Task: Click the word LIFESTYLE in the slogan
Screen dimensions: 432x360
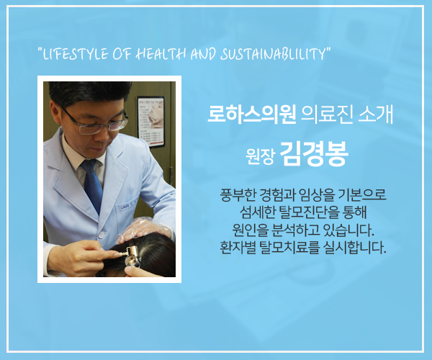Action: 75,54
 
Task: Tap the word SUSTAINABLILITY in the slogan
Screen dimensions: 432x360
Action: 272,54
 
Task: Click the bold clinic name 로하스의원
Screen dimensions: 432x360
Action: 252,114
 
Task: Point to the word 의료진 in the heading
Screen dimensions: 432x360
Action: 327,114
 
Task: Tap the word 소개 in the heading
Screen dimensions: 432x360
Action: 376,114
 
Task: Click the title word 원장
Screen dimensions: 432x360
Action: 261,156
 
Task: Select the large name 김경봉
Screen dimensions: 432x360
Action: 314,153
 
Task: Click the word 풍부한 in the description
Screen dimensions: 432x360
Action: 238,195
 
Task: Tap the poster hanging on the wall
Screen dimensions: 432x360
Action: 151,121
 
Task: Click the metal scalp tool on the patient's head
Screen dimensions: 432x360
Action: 130,255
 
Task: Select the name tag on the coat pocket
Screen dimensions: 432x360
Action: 128,206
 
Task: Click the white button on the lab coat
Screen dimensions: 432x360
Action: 102,235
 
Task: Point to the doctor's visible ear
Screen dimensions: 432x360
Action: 55,112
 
